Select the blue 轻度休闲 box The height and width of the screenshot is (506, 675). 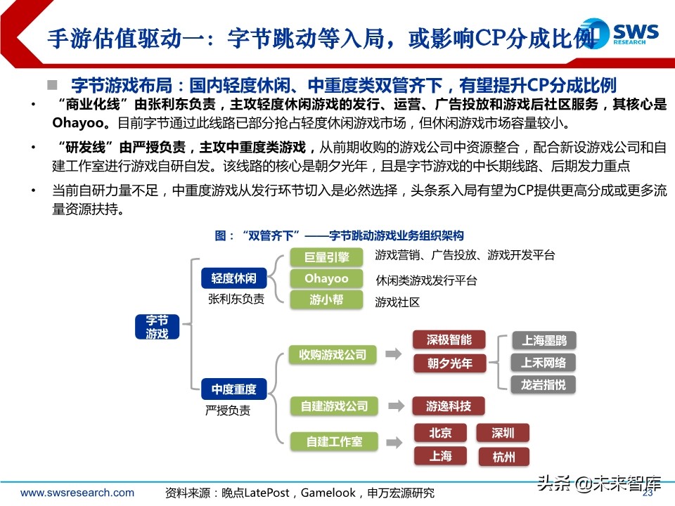click(x=229, y=278)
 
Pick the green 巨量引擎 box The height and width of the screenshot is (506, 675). click(x=326, y=258)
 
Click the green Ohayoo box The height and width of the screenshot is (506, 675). click(x=326, y=279)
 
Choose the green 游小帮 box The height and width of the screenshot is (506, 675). click(x=326, y=299)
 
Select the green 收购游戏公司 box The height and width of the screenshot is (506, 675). click(x=333, y=355)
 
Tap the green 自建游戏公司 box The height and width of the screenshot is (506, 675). click(x=333, y=406)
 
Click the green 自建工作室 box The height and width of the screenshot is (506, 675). click(x=333, y=441)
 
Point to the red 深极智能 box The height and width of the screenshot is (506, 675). click(x=449, y=340)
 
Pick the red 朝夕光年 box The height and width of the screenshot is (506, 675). click(x=449, y=363)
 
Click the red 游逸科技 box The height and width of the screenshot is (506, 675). click(x=448, y=406)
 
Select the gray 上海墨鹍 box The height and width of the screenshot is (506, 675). click(x=543, y=341)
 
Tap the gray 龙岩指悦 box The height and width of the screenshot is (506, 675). click(x=543, y=384)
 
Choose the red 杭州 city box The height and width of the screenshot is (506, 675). click(x=504, y=458)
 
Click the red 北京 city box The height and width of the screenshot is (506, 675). click(x=441, y=432)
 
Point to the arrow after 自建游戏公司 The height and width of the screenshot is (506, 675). click(x=397, y=406)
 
